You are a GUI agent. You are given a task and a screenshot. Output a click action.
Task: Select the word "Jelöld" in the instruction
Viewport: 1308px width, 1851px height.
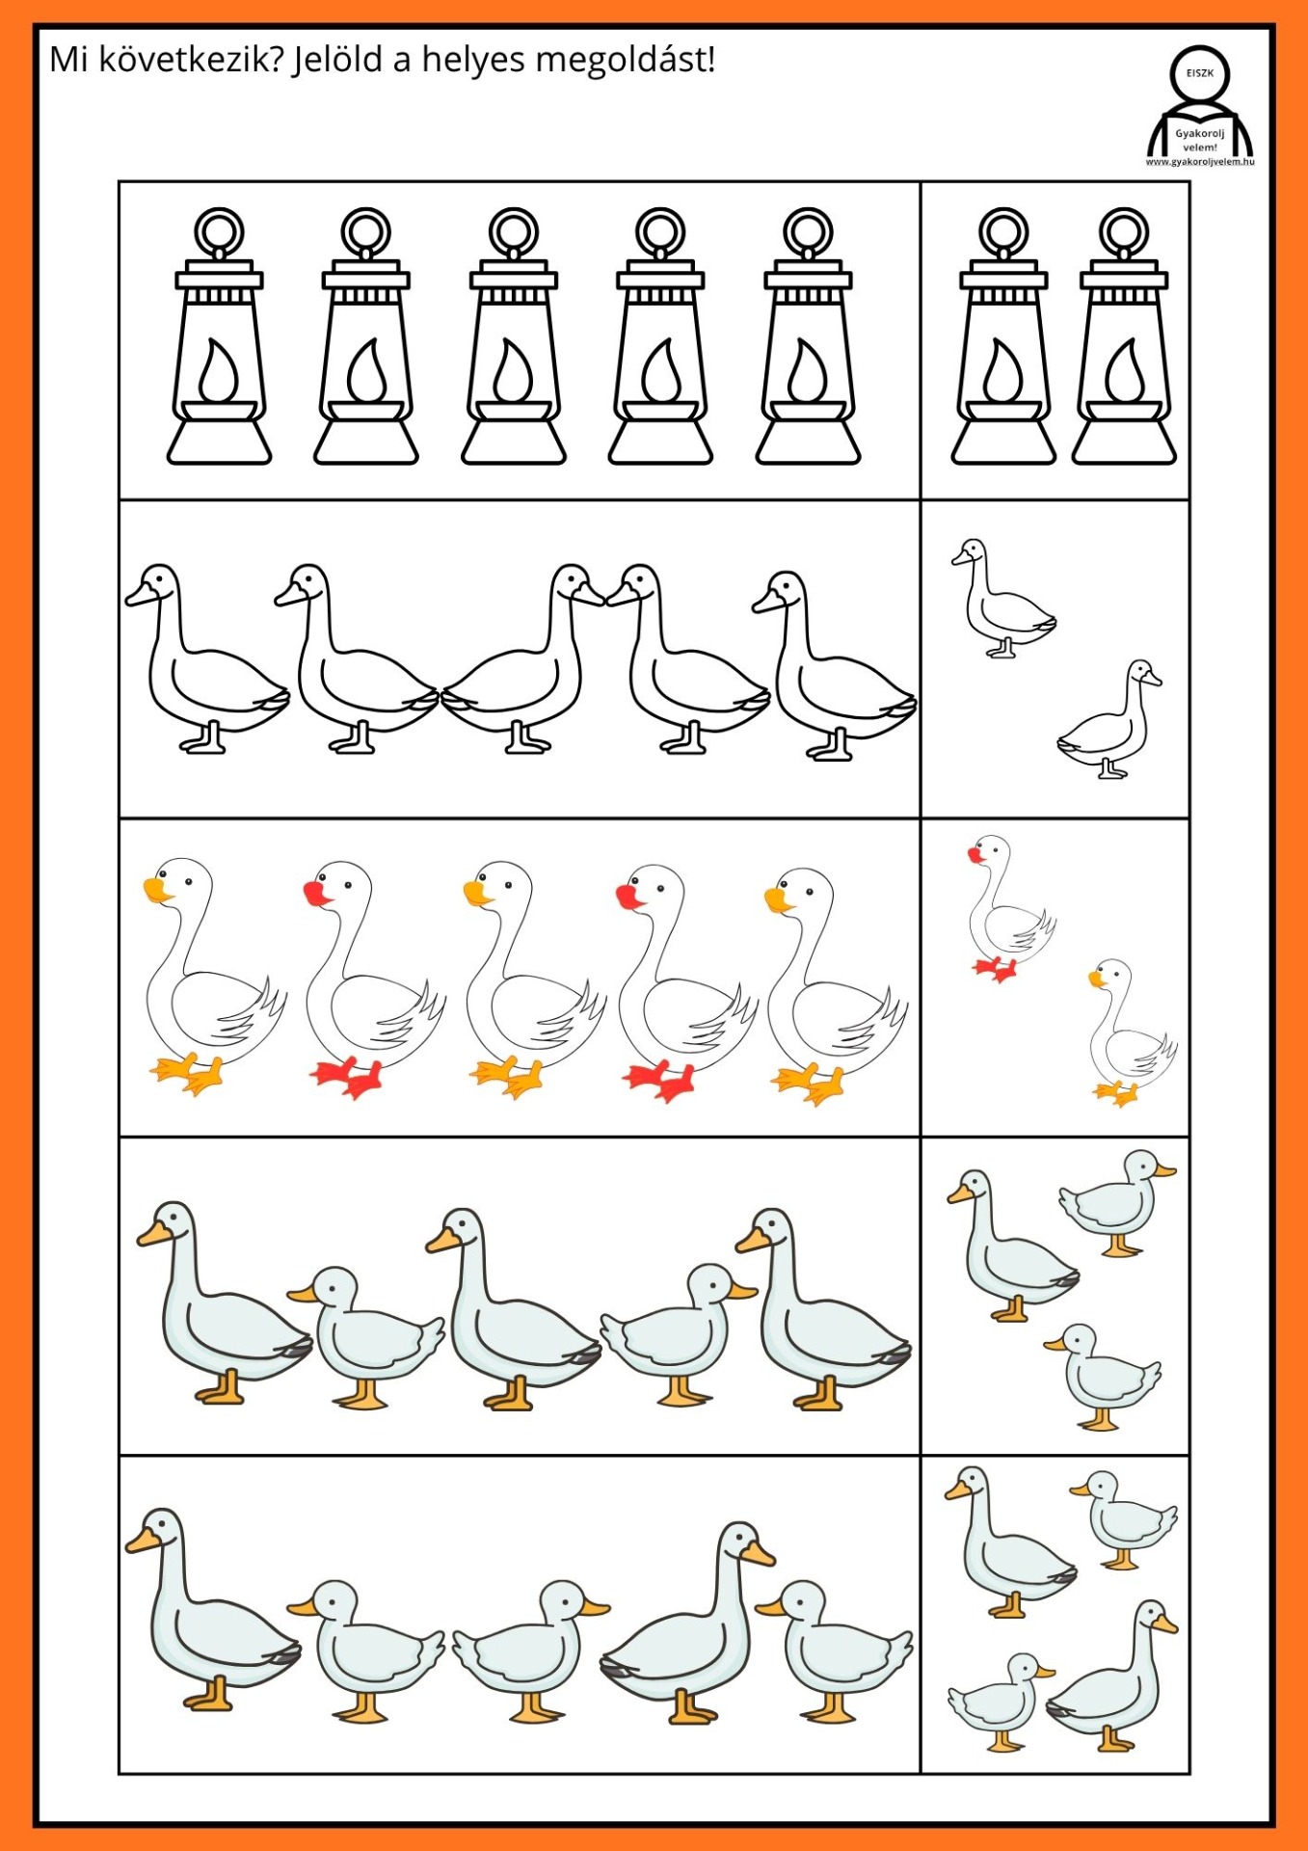(338, 60)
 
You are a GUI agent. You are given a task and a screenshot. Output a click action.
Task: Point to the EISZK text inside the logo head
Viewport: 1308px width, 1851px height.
(1200, 72)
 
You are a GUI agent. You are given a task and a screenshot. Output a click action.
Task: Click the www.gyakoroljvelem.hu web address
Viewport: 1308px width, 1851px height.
(1200, 162)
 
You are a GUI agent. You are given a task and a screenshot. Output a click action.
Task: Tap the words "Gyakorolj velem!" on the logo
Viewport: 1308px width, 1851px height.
(1200, 141)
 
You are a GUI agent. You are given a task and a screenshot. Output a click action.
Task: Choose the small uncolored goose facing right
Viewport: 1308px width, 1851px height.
(1109, 719)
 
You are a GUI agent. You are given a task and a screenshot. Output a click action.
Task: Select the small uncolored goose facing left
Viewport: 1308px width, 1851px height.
(1003, 598)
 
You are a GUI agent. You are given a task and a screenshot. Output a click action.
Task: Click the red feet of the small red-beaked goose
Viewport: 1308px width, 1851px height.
(994, 969)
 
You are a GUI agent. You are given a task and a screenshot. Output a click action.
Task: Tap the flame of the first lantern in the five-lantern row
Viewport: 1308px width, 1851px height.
(220, 371)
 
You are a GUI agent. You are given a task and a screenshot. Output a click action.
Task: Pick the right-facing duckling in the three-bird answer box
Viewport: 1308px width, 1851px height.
(1118, 1202)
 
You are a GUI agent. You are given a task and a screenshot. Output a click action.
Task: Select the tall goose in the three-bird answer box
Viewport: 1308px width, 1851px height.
(1012, 1246)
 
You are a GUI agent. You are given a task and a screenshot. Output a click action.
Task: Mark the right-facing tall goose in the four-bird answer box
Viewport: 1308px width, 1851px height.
(1111, 1676)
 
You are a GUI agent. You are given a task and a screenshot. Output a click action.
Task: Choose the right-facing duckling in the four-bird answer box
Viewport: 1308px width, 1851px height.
(1001, 1703)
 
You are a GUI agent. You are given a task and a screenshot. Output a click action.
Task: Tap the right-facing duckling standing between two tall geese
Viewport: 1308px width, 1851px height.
(679, 1334)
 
